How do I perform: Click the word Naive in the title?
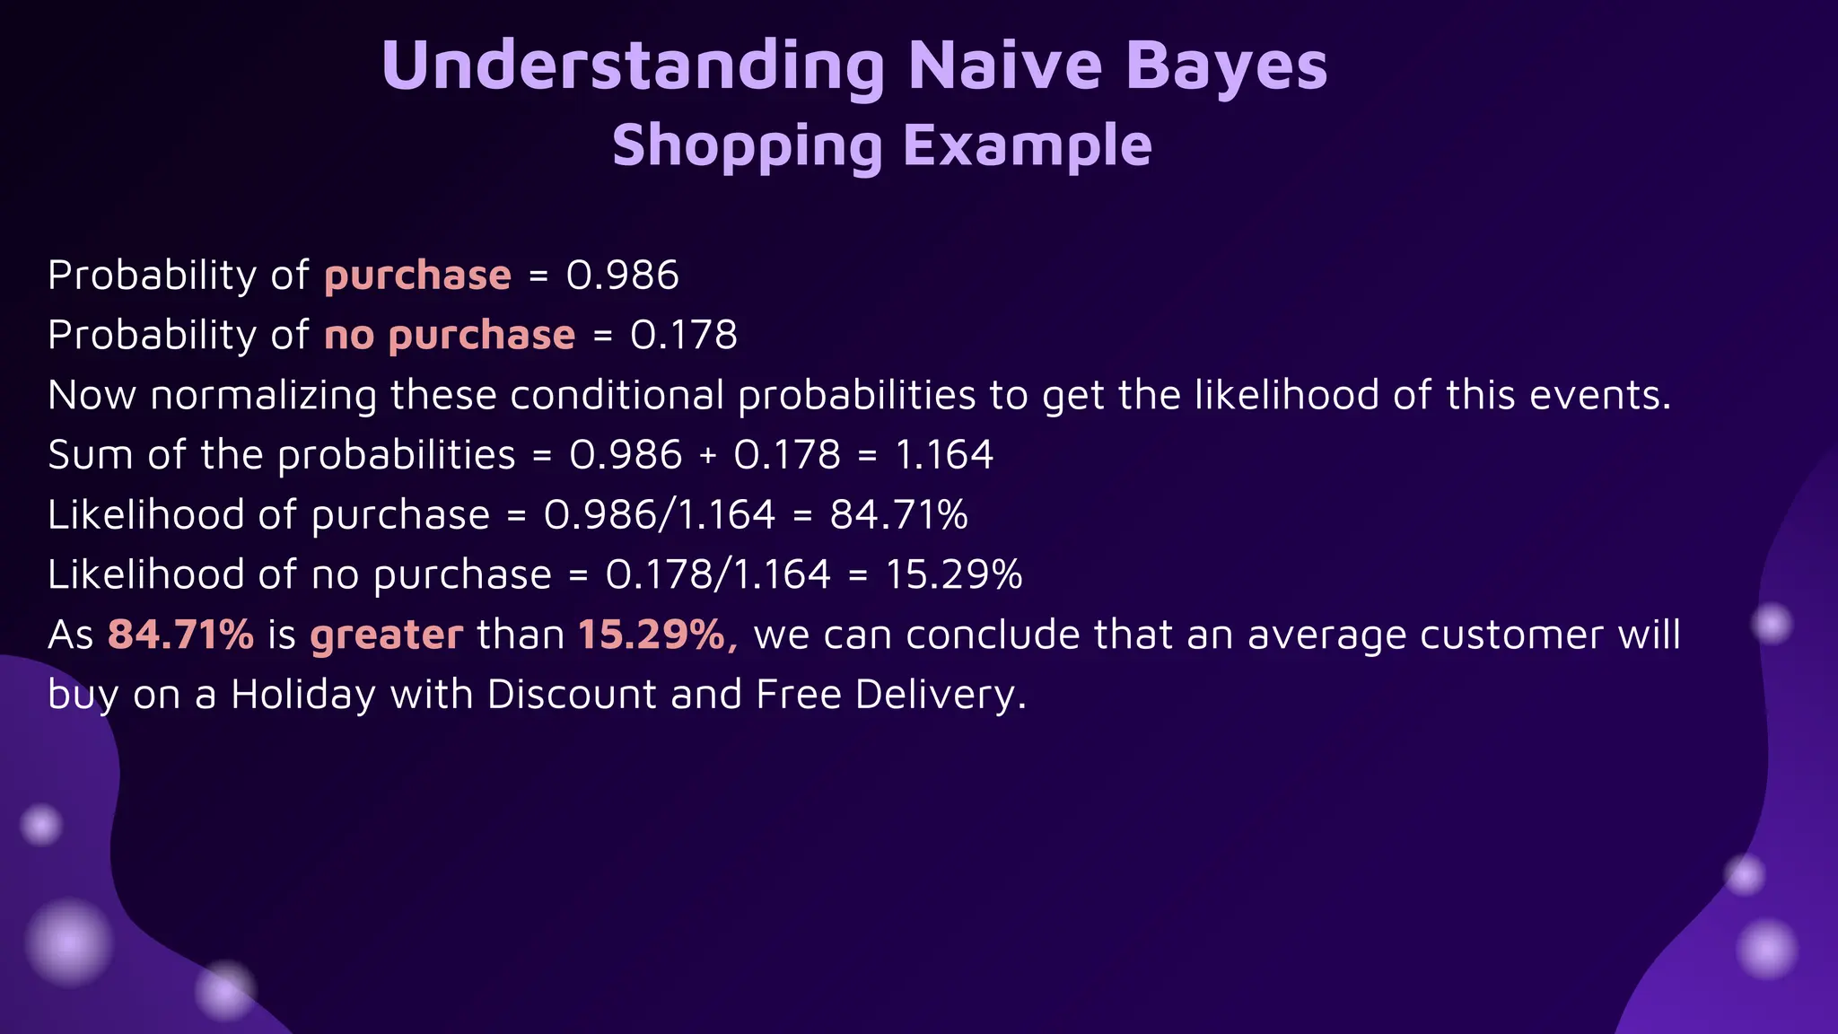point(1004,66)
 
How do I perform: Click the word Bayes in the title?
point(1226,66)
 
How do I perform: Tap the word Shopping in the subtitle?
point(748,145)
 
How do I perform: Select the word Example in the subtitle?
point(1027,145)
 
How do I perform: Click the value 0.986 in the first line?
point(622,275)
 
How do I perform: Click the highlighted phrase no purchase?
point(450,335)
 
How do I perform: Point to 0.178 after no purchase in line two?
point(683,335)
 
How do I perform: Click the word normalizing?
point(264,395)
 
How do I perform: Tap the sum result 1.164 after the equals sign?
point(944,454)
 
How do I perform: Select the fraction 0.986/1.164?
point(660,514)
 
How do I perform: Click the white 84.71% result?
point(898,514)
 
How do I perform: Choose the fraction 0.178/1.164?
point(718,574)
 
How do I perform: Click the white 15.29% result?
point(953,574)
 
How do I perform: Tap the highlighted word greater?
point(387,635)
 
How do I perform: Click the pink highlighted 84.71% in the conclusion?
point(180,635)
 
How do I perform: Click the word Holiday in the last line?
point(302,695)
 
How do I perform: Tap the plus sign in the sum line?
point(708,455)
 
